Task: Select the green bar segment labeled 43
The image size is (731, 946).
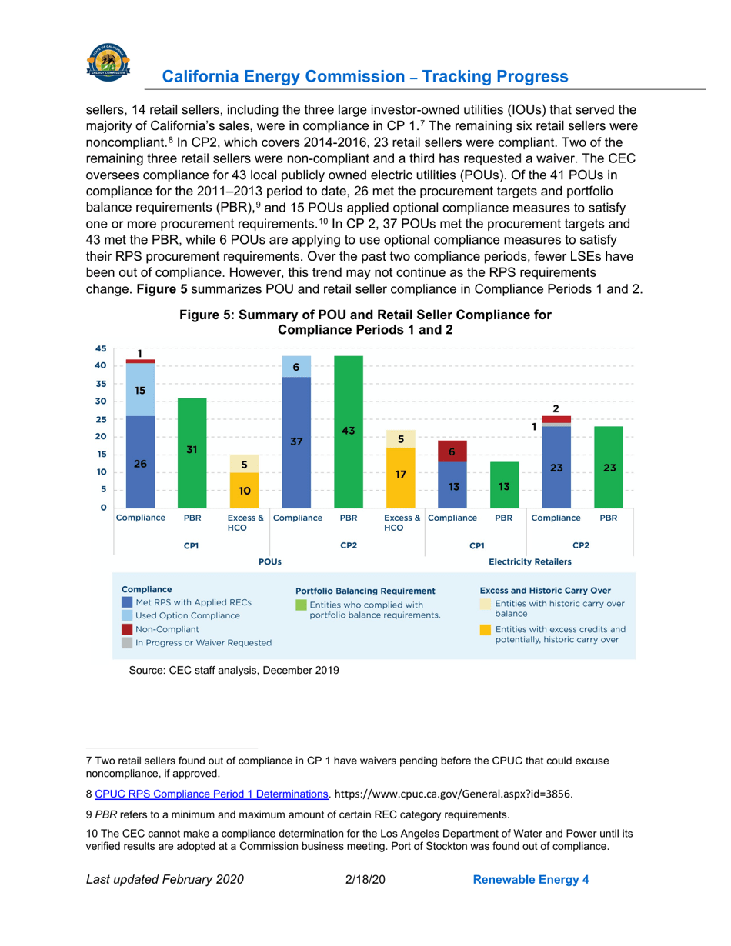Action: point(349,431)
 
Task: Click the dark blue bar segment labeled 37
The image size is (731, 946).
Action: point(296,441)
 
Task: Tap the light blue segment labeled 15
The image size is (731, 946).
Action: point(139,390)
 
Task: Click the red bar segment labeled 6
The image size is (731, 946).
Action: point(452,451)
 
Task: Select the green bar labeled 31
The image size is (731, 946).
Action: point(192,452)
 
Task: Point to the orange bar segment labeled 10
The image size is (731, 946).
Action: point(244,490)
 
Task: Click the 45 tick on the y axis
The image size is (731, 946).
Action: point(100,348)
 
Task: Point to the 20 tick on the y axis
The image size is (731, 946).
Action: point(100,437)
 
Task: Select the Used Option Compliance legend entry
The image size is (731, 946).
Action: point(187,615)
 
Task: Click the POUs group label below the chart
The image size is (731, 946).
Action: point(269,561)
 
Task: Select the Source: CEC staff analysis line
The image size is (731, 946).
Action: point(233,670)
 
